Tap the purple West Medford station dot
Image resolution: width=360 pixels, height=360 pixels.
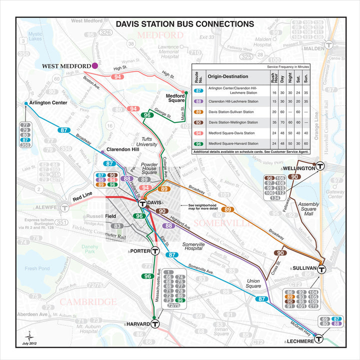click(95, 65)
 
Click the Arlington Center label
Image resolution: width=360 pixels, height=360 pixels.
click(48, 103)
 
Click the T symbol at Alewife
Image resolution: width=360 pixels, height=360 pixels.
click(63, 207)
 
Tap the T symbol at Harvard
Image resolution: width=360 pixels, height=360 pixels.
click(155, 324)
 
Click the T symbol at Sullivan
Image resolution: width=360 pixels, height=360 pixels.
click(322, 268)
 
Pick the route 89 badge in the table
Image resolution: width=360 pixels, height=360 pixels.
click(198, 112)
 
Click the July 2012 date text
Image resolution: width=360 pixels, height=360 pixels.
click(29, 343)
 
